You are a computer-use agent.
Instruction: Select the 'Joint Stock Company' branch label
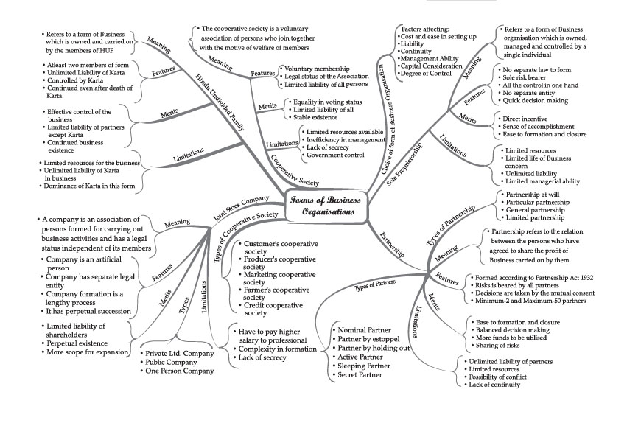(x=241, y=209)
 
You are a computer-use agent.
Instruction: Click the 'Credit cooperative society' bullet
(x=276, y=309)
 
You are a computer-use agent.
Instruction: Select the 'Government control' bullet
(x=337, y=155)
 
